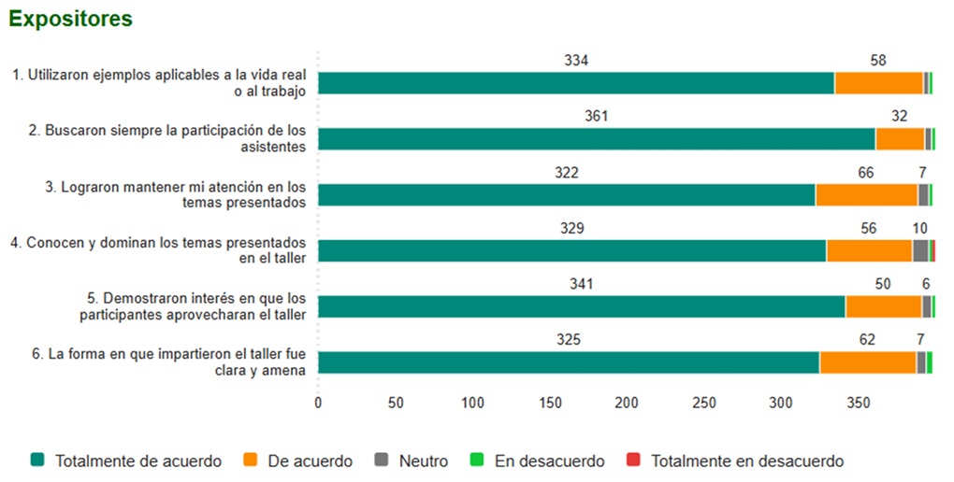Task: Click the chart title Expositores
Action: (x=70, y=19)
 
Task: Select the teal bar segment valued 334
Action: (x=575, y=83)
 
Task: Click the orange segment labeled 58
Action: (x=878, y=83)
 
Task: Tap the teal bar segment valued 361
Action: (x=596, y=139)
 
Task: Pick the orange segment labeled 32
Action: (x=900, y=139)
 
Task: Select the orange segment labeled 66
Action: (x=866, y=195)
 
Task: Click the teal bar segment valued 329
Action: (x=571, y=250)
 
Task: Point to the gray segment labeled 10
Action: (x=920, y=250)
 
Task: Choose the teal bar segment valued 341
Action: (x=581, y=306)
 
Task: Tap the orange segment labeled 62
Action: (x=867, y=362)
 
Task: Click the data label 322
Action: (x=566, y=173)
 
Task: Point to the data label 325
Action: (x=569, y=340)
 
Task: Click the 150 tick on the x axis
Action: (x=550, y=404)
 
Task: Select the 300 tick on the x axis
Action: (x=781, y=404)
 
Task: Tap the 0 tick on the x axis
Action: (x=318, y=404)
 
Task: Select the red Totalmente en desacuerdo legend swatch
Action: (x=633, y=461)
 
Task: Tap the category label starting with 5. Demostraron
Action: (x=192, y=305)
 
